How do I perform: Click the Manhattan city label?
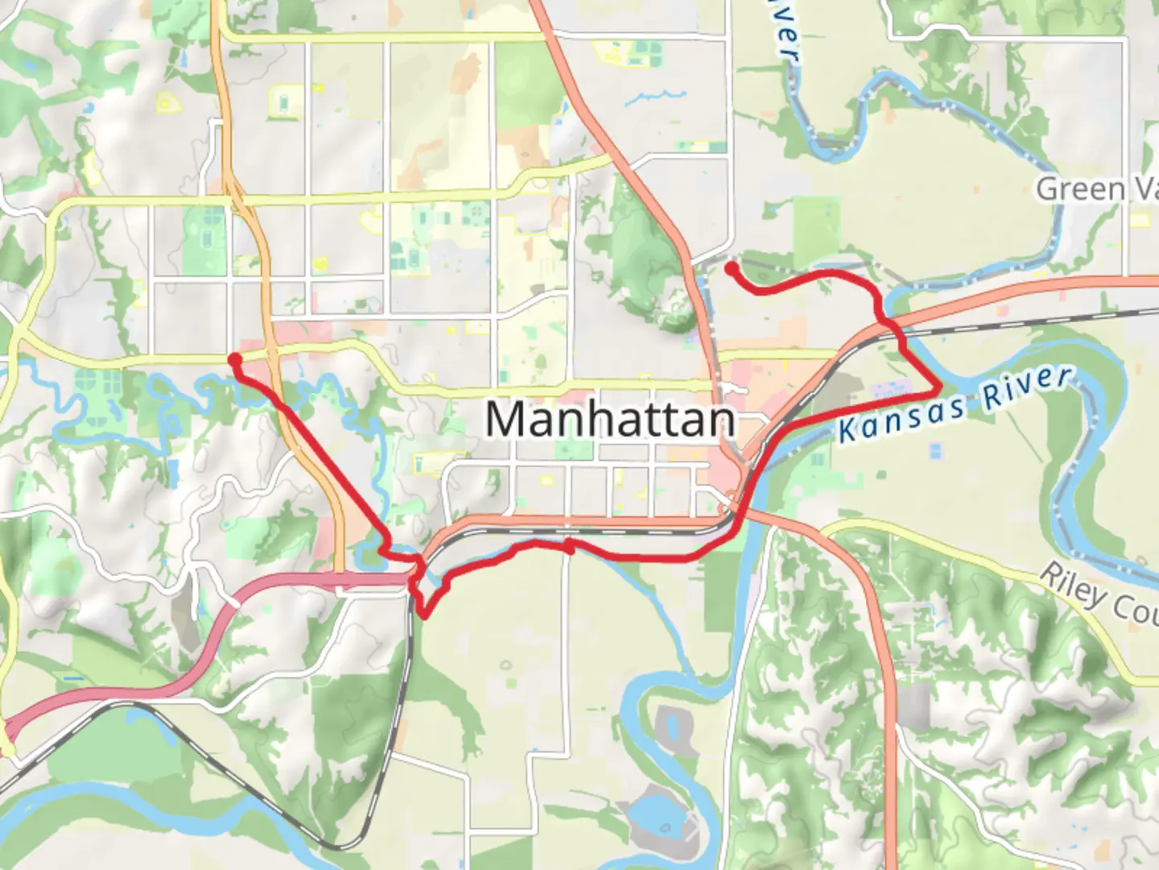pos(610,420)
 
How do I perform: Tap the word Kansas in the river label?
pos(901,414)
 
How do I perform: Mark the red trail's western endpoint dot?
pos(234,359)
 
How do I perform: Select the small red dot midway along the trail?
pos(569,549)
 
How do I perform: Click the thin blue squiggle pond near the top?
pos(654,98)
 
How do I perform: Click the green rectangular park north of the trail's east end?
pos(816,222)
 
